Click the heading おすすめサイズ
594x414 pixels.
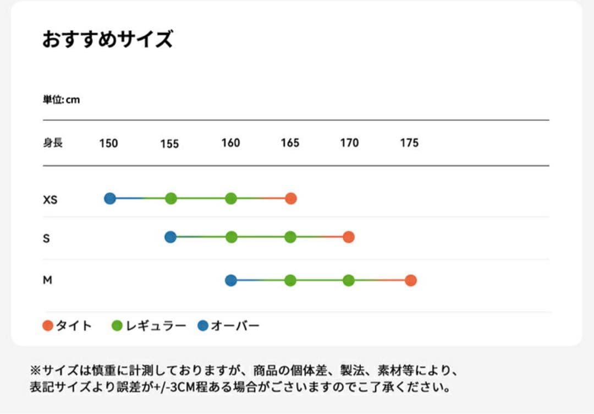108,40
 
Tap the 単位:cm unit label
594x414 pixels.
61,100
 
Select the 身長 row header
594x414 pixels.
53,143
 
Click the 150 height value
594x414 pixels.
108,144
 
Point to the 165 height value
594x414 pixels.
290,143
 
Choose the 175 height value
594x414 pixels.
409,143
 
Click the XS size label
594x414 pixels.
50,200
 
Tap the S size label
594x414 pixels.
46,238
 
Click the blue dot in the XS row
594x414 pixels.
110,198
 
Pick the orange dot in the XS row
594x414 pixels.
291,199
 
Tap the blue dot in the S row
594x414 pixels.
170,237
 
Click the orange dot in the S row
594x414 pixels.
348,237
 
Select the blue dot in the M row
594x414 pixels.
231,280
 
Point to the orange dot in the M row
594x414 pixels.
410,280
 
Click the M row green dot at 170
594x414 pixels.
348,280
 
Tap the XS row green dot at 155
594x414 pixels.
170,199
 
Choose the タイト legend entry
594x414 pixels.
67,326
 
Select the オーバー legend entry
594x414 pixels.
228,326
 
